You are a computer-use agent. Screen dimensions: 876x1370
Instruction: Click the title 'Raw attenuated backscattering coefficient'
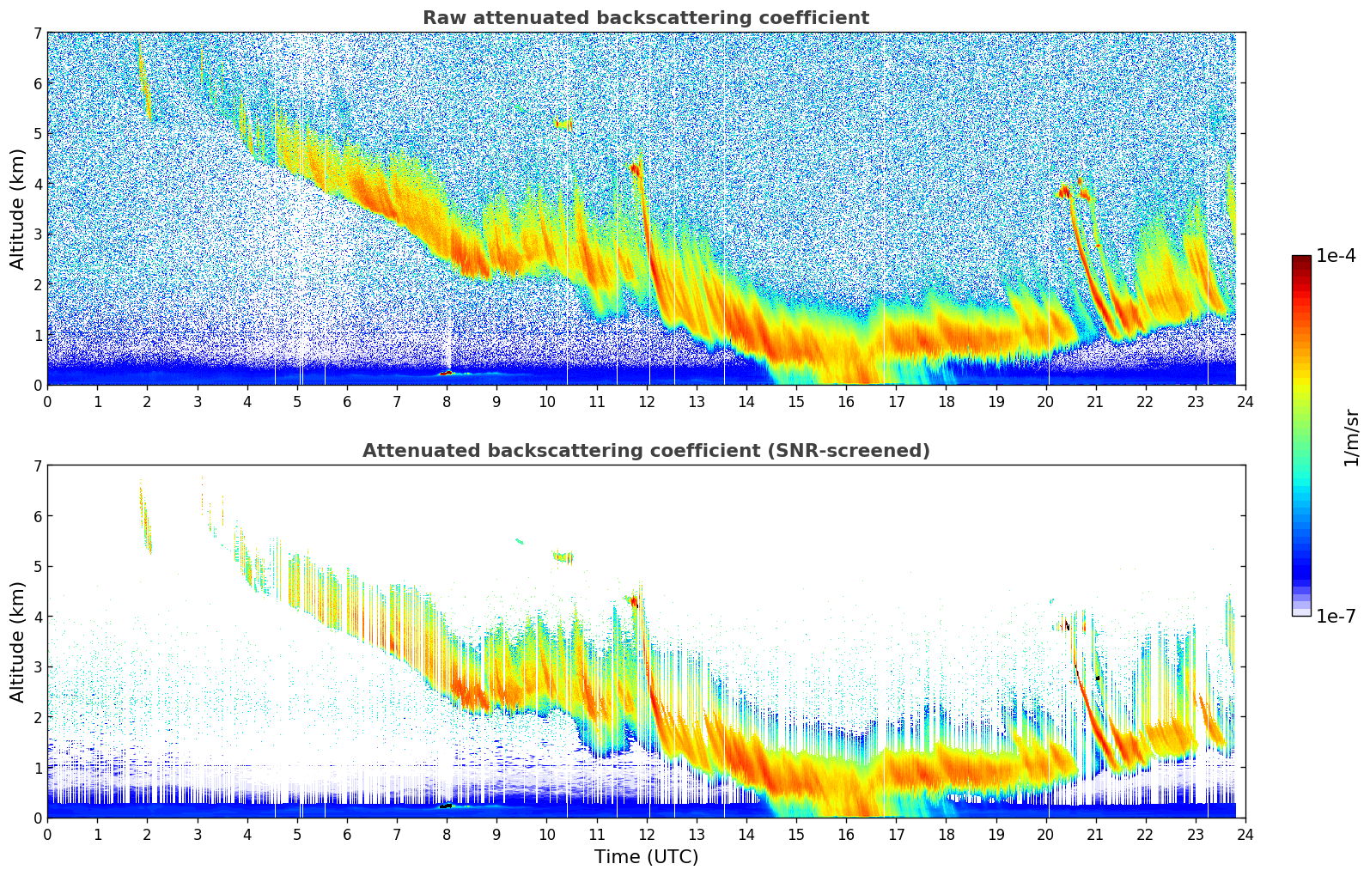point(645,18)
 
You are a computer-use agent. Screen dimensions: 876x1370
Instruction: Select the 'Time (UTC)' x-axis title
point(646,856)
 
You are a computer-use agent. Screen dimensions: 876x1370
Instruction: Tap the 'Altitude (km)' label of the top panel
point(18,209)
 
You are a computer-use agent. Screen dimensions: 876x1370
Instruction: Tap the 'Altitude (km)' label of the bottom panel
point(18,642)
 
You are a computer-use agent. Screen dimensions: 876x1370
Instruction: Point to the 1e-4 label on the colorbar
point(1336,256)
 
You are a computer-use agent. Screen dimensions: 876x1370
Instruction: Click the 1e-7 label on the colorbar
point(1336,616)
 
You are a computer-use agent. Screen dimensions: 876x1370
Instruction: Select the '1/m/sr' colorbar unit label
point(1351,437)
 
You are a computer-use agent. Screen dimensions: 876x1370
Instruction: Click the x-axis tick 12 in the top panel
point(646,401)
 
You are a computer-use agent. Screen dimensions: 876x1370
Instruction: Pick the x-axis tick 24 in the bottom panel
point(1245,834)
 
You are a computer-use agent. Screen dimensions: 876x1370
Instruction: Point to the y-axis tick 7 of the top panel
point(37,33)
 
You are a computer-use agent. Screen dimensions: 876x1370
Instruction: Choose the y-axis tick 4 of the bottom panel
point(37,617)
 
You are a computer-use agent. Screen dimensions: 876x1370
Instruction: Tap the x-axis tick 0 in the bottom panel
point(47,834)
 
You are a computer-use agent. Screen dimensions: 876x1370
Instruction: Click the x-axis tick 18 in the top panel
point(946,401)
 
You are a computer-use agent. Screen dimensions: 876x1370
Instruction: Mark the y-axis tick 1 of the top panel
point(37,335)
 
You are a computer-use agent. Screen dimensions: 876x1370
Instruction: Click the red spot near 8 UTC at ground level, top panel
point(446,374)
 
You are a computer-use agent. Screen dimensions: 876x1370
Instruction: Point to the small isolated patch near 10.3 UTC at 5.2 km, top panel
point(563,125)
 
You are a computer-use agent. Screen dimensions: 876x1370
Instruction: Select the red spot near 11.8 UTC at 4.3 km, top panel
point(635,169)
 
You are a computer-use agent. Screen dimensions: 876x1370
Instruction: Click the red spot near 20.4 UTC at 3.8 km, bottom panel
point(1064,625)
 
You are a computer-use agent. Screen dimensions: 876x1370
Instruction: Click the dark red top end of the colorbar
point(1301,260)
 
